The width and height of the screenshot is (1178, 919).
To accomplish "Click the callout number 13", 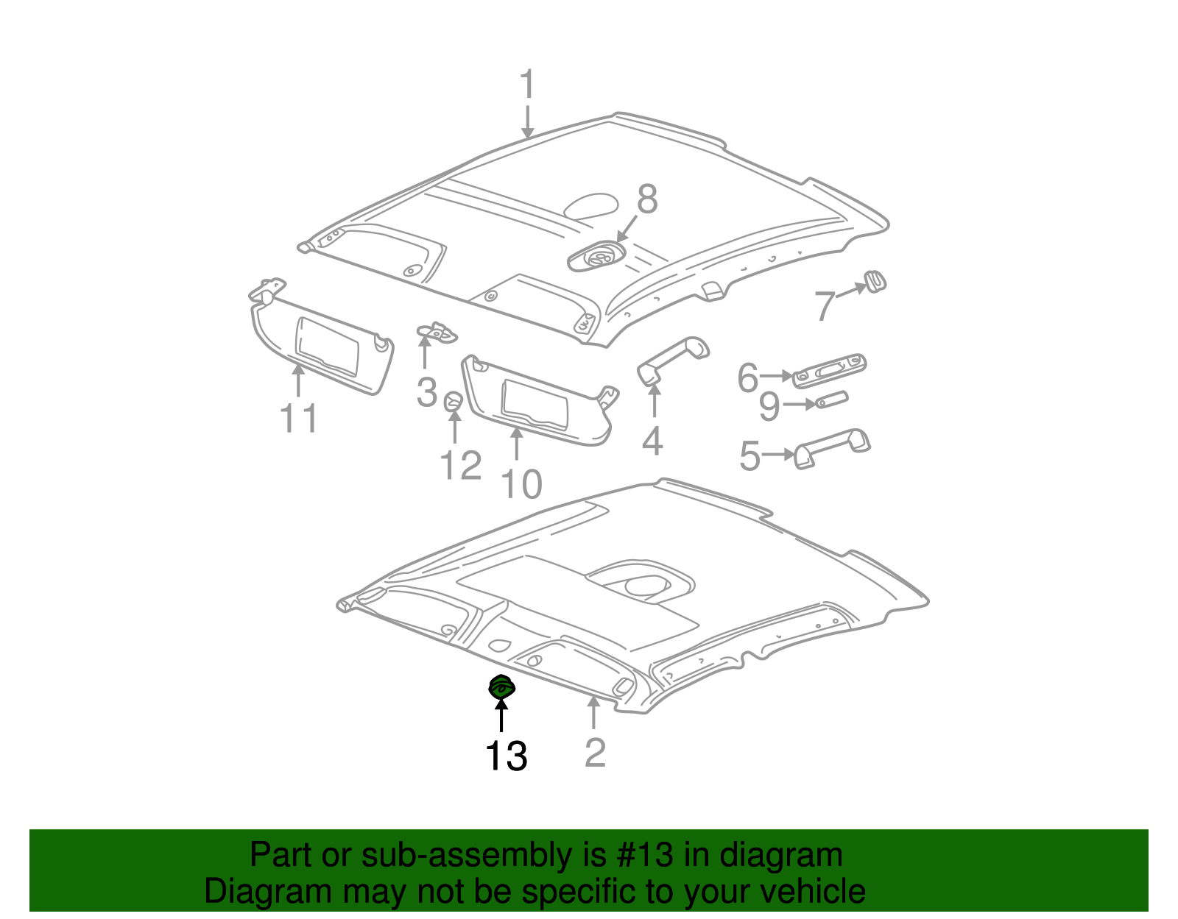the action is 506,756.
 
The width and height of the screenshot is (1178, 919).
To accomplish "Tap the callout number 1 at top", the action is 527,84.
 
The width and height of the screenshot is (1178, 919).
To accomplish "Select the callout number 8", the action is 646,199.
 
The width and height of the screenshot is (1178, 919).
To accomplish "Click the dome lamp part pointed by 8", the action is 596,255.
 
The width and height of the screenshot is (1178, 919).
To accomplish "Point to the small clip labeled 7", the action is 874,281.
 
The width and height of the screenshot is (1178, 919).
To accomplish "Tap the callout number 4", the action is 652,441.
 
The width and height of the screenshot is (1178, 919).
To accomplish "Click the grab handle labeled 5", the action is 831,448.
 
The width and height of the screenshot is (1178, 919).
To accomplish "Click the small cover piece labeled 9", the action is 831,400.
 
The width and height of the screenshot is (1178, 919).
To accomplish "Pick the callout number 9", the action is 769,405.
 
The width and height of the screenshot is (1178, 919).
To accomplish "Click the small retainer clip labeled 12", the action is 453,401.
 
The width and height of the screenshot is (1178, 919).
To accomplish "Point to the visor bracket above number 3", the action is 437,333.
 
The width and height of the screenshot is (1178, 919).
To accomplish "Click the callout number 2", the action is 595,752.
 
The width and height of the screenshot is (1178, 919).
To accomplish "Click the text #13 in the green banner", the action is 644,854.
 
